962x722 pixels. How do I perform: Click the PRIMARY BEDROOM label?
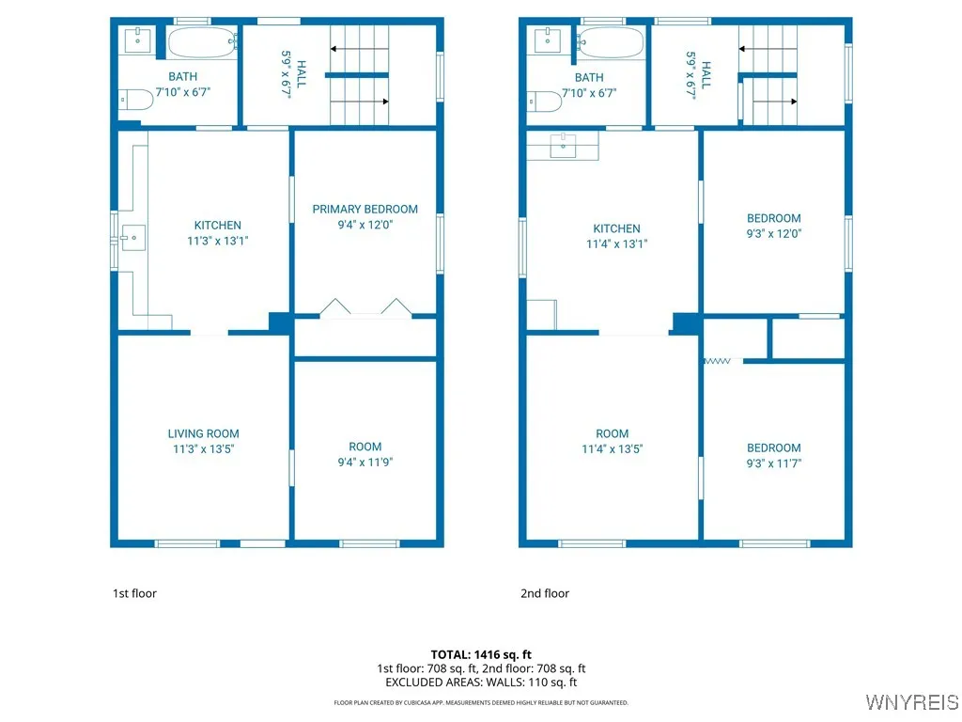(365, 209)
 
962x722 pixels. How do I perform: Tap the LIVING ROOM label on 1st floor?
(203, 433)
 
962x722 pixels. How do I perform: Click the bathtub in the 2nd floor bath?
(611, 42)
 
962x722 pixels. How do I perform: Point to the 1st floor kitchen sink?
(132, 238)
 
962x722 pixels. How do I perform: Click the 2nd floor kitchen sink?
(562, 145)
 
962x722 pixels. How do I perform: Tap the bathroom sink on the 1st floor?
(138, 39)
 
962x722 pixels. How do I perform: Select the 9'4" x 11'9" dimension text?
(365, 462)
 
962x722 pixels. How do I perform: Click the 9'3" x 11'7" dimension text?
(774, 463)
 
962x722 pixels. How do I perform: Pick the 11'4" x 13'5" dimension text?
(612, 448)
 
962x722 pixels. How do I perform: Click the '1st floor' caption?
(134, 593)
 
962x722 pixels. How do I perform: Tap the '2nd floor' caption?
(545, 593)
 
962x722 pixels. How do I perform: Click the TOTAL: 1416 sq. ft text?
(481, 654)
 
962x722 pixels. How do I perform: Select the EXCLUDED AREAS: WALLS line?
(481, 683)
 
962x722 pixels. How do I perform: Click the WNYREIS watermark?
(910, 702)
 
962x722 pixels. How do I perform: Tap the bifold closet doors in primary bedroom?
(365, 308)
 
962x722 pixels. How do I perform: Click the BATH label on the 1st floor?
(182, 77)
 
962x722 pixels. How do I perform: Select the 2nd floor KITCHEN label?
(616, 228)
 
